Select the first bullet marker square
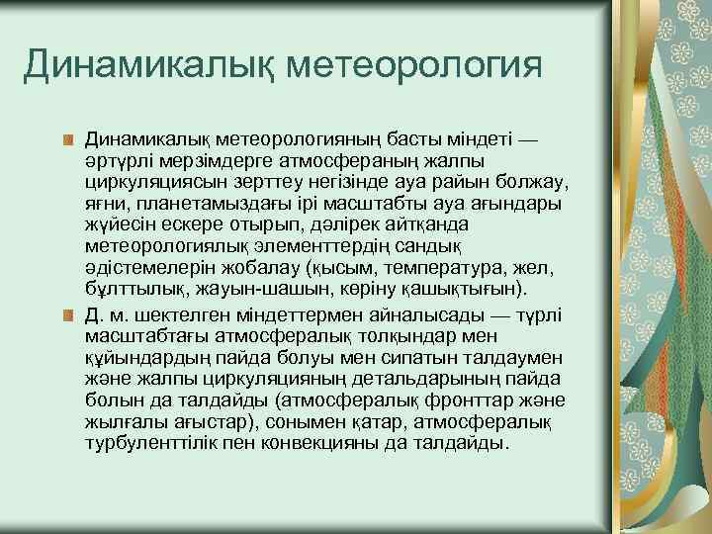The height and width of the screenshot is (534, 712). tap(68, 140)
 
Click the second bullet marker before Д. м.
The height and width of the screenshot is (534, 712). tap(68, 314)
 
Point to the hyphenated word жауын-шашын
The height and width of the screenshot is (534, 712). tap(232, 289)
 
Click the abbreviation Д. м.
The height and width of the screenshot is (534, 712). tap(106, 313)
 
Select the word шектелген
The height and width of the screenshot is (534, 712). tap(175, 313)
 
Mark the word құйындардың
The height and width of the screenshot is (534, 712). tap(140, 357)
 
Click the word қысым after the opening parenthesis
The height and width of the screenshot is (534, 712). tap(339, 266)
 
